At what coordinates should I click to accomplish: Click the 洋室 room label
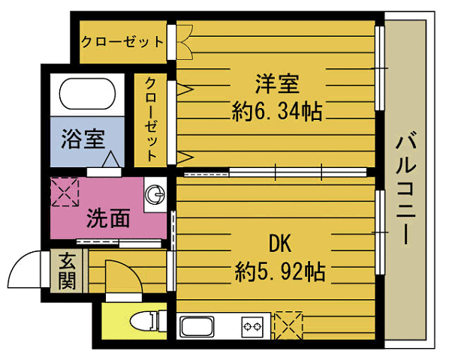277,84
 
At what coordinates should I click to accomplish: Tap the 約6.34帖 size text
277,112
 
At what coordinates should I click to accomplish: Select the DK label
279,244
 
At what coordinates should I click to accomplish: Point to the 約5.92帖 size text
280,271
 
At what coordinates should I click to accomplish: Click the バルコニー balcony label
405,187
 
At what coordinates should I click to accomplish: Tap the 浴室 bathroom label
83,139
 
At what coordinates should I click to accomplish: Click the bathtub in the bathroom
87,94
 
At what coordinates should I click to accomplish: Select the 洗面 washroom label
108,218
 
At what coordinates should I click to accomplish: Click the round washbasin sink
155,194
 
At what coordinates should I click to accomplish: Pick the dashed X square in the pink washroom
65,192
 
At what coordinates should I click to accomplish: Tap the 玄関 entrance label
67,271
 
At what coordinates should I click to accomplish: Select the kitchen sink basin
197,326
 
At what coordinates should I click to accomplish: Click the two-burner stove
252,327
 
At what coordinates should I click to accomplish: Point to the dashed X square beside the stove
288,325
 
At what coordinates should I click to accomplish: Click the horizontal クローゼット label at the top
122,42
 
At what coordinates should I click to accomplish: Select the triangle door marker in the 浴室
110,159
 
